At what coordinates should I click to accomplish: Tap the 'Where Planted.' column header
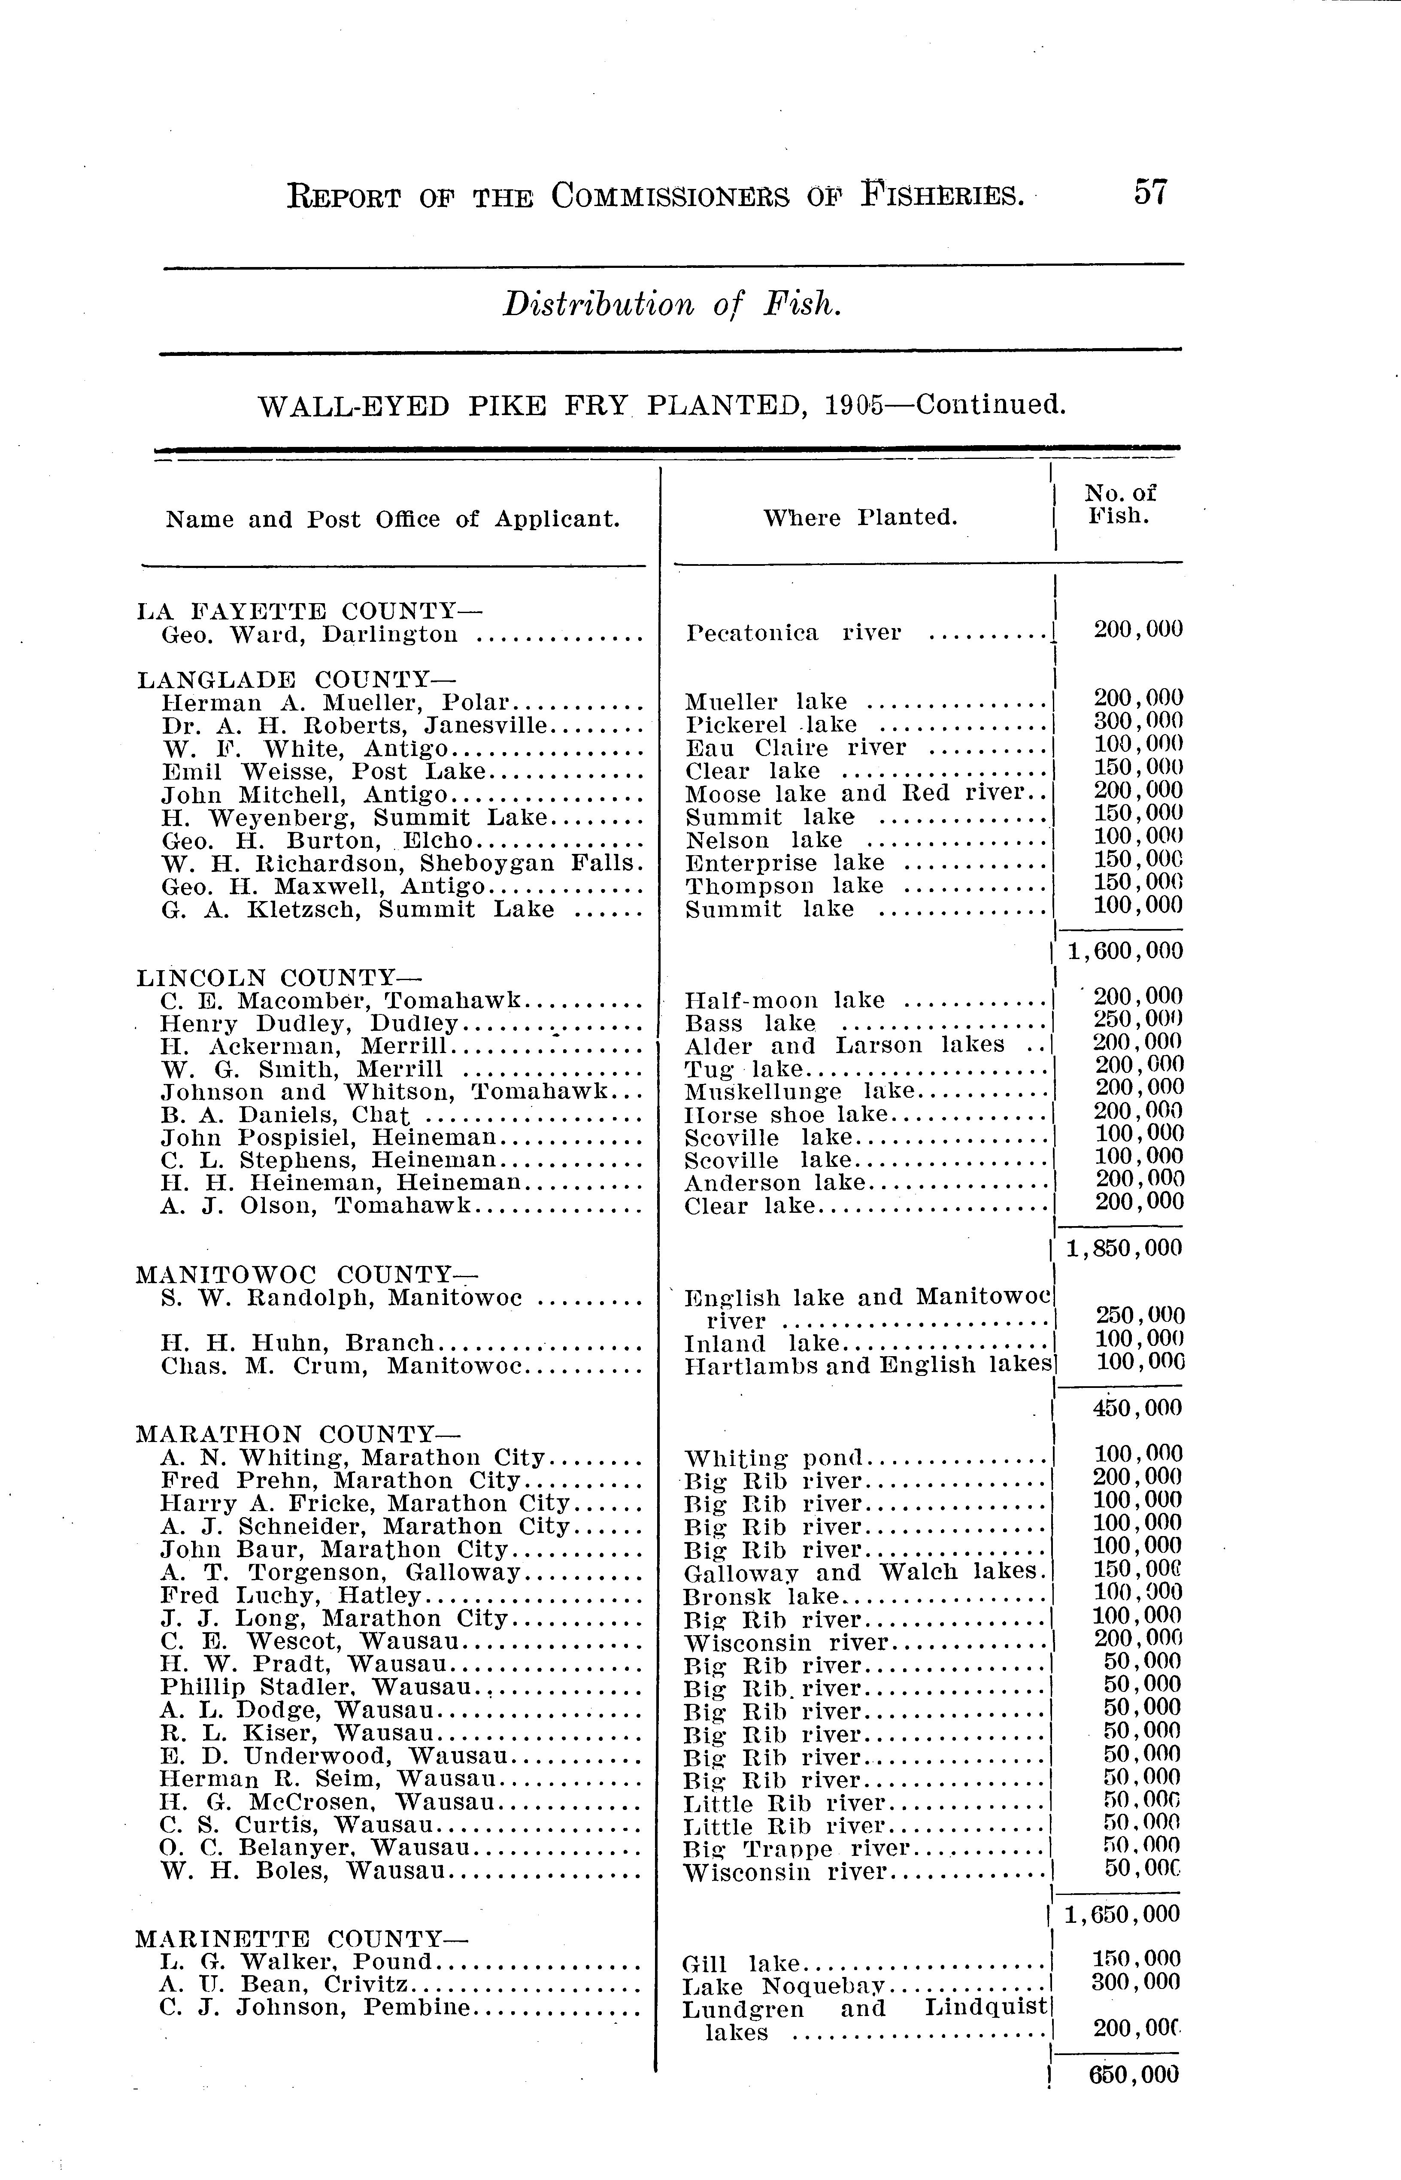(860, 518)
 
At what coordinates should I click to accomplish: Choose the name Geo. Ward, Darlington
(309, 634)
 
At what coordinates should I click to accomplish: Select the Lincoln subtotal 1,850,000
(1125, 1248)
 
